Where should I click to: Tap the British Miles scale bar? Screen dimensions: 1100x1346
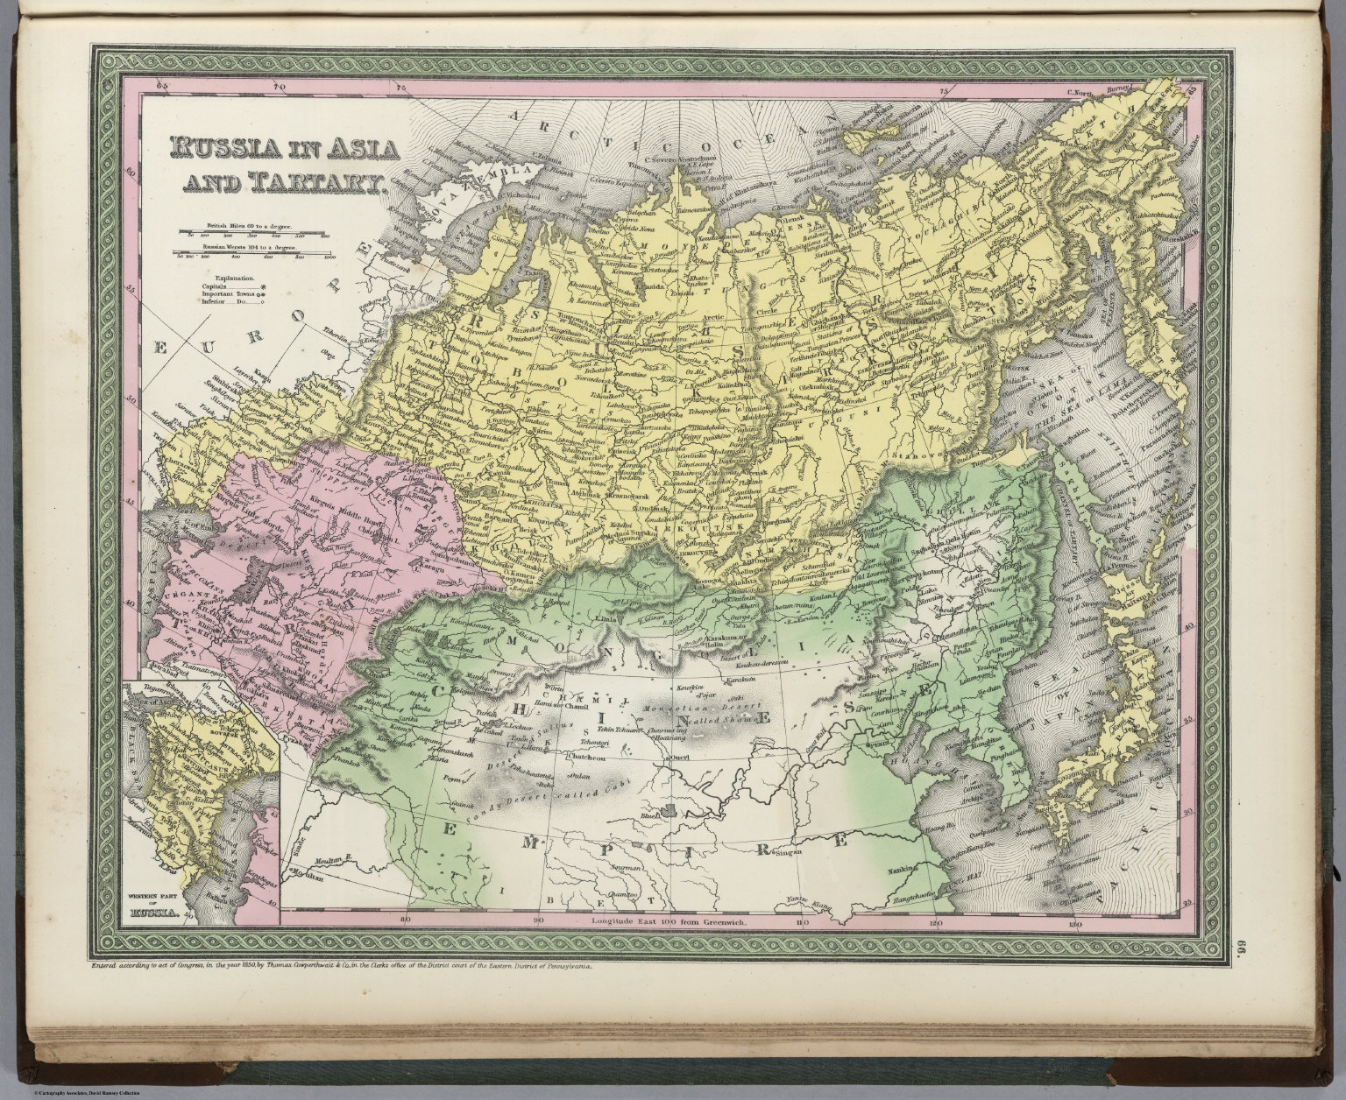[x=252, y=232]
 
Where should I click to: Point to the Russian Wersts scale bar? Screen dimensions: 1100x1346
[x=252, y=255]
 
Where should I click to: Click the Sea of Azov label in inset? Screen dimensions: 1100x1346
[x=154, y=701]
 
